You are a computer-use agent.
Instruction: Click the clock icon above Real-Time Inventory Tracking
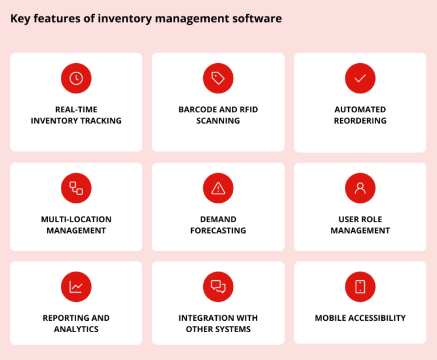pyautogui.click(x=76, y=79)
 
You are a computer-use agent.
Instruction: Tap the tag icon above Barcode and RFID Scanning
pyautogui.click(x=218, y=79)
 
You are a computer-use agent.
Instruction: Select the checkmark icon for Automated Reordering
pyautogui.click(x=360, y=79)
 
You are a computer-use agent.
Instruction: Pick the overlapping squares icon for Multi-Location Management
pyautogui.click(x=76, y=189)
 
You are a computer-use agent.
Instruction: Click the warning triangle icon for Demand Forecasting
pyautogui.click(x=218, y=189)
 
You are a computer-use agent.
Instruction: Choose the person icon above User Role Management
pyautogui.click(x=360, y=189)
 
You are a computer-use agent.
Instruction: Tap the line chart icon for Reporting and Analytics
pyautogui.click(x=76, y=287)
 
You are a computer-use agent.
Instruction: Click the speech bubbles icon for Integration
pyautogui.click(x=218, y=287)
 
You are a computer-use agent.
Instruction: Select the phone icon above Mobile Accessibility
pyautogui.click(x=360, y=287)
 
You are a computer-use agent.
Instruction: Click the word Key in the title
pyautogui.click(x=20, y=19)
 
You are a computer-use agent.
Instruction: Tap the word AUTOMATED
pyautogui.click(x=360, y=109)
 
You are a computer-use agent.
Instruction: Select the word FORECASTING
pyautogui.click(x=218, y=231)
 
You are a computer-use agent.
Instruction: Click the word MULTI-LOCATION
pyautogui.click(x=76, y=219)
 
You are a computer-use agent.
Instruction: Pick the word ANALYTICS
pyautogui.click(x=76, y=329)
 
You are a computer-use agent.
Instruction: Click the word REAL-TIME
pyautogui.click(x=76, y=109)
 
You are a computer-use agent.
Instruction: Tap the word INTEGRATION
pyautogui.click(x=205, y=318)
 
